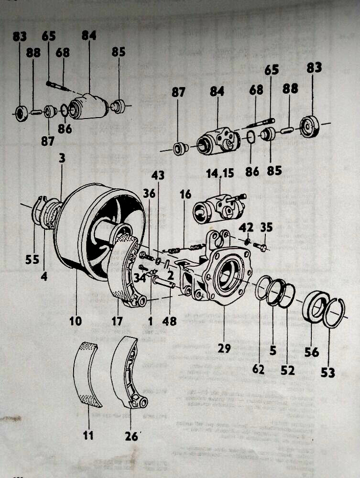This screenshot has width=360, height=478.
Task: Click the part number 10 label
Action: point(75,321)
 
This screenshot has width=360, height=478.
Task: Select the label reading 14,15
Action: point(220,173)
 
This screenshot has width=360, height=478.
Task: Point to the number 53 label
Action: point(327,372)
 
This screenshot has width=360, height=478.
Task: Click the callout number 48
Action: point(169,321)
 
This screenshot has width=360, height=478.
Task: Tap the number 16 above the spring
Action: point(185,195)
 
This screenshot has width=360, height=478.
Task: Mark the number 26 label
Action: point(131,436)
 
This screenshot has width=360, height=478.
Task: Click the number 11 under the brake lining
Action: point(88,435)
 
